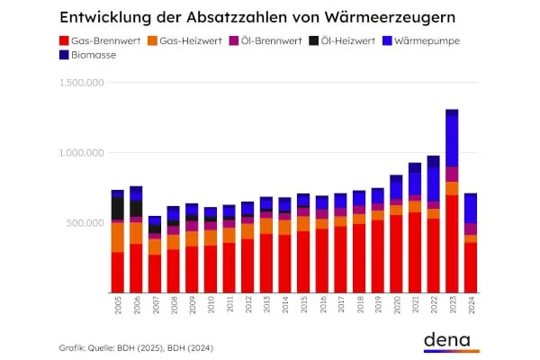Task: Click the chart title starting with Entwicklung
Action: tap(257, 17)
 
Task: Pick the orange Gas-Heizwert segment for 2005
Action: tap(118, 237)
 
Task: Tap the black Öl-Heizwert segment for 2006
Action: tap(136, 208)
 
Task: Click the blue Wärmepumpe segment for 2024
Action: tap(471, 209)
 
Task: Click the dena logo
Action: tap(450, 340)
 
